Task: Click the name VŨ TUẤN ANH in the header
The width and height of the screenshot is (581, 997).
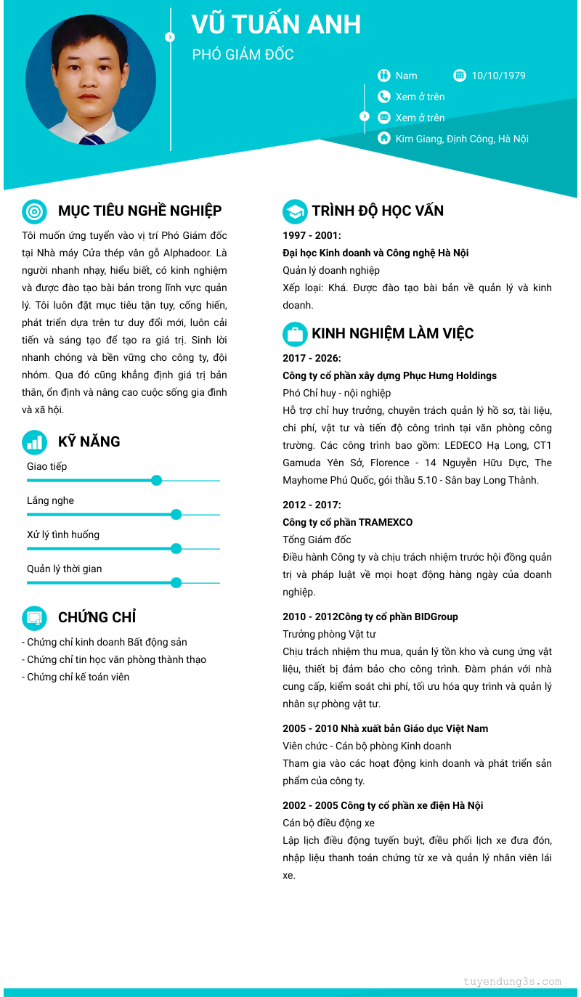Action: (x=276, y=25)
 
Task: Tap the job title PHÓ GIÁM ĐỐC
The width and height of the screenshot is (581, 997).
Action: (x=243, y=55)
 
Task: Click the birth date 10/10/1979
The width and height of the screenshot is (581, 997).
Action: (x=498, y=76)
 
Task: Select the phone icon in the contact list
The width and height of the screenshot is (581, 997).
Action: (x=384, y=97)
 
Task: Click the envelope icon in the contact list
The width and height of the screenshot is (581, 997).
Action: (x=384, y=118)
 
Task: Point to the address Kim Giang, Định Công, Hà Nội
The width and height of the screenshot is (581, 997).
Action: (x=462, y=139)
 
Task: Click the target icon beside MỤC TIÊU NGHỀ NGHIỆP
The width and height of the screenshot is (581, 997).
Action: (x=34, y=211)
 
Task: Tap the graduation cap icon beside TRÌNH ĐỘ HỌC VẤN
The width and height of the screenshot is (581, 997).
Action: (x=294, y=211)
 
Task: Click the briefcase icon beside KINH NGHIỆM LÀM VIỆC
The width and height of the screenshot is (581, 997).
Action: (x=294, y=334)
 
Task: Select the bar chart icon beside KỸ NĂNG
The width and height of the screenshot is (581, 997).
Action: (x=34, y=441)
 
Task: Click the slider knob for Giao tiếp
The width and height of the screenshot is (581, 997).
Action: (x=156, y=480)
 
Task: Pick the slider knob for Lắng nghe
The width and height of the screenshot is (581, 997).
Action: (x=176, y=514)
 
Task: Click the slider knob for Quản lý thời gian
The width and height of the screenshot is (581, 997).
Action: (x=176, y=582)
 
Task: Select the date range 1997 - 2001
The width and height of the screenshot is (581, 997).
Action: (x=312, y=235)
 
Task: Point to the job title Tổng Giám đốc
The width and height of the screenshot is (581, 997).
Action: (x=317, y=540)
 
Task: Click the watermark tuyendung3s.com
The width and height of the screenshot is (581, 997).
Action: (x=512, y=981)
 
